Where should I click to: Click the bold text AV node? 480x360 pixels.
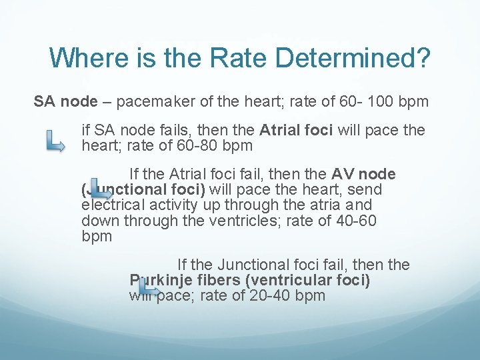click(363, 175)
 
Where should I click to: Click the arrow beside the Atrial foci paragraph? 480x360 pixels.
click(55, 141)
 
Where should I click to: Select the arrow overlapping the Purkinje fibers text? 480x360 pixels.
click(149, 288)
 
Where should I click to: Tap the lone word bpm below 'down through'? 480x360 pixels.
click(97, 236)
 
